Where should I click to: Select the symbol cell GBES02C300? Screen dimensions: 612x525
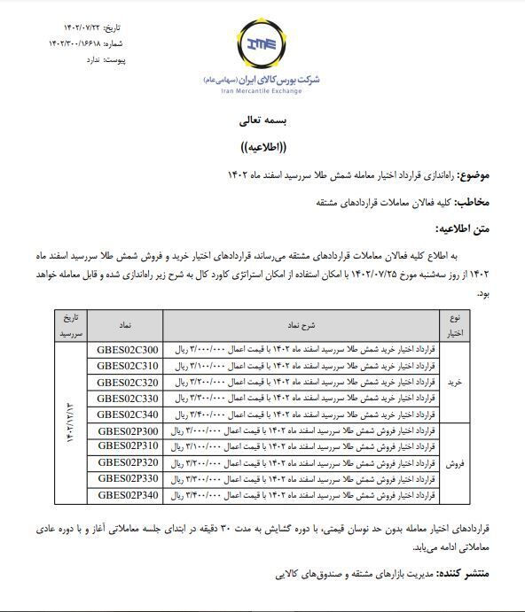pyautogui.click(x=128, y=349)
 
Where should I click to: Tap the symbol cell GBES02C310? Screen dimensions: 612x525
pyautogui.click(x=128, y=365)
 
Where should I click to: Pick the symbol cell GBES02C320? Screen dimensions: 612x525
pyautogui.click(x=128, y=382)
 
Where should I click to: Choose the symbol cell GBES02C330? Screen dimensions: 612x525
pyautogui.click(x=128, y=398)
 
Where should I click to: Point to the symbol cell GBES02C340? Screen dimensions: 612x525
pyautogui.click(x=128, y=414)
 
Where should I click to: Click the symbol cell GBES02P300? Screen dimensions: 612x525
pyautogui.click(x=128, y=430)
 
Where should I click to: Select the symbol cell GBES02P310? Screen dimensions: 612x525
pyautogui.click(x=128, y=446)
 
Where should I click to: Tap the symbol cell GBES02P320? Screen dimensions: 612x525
pyautogui.click(x=128, y=462)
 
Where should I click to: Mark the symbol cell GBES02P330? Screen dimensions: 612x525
pyautogui.click(x=128, y=478)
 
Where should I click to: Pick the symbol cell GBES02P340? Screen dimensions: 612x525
pyautogui.click(x=128, y=495)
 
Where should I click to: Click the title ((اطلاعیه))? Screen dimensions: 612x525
pyautogui.click(x=262, y=146)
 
